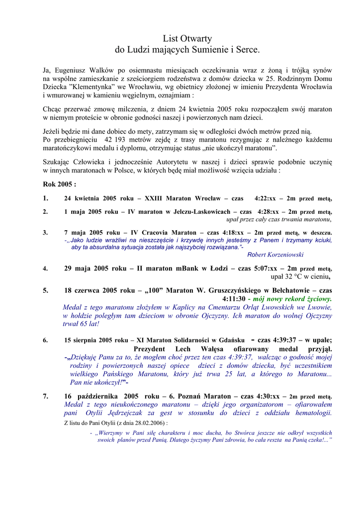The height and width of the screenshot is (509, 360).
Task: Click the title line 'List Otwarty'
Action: click(x=187, y=38)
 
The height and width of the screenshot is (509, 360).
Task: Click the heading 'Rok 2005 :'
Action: click(x=59, y=184)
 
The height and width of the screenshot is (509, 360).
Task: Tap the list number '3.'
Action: click(x=45, y=232)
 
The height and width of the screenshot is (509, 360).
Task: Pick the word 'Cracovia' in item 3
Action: click(x=155, y=232)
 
